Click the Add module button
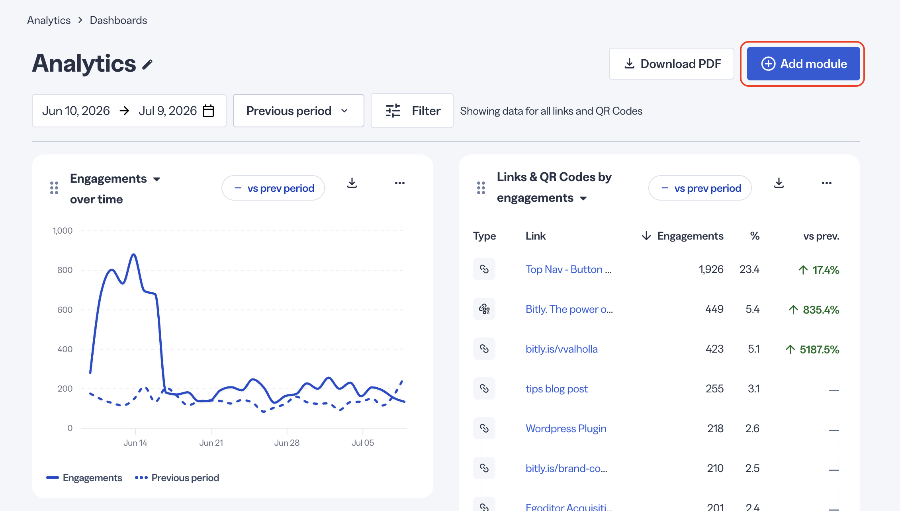pyautogui.click(x=803, y=64)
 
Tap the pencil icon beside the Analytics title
pyautogui.click(x=147, y=64)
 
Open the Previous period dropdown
pyautogui.click(x=298, y=111)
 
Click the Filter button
pyautogui.click(x=412, y=111)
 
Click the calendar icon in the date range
pyautogui.click(x=208, y=111)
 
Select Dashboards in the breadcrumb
pyautogui.click(x=118, y=20)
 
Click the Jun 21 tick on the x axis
pyautogui.click(x=211, y=443)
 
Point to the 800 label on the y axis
pyautogui.click(x=65, y=270)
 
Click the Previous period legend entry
pyautogui.click(x=177, y=478)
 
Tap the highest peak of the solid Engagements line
pyautogui.click(x=134, y=254)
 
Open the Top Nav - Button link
pyautogui.click(x=568, y=269)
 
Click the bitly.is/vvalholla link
pyautogui.click(x=562, y=349)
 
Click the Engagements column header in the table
pyautogui.click(x=690, y=236)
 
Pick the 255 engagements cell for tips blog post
pyautogui.click(x=714, y=389)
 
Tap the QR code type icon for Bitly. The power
pyautogui.click(x=484, y=309)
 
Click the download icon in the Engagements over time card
pyautogui.click(x=352, y=183)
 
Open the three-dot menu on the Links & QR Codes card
pyautogui.click(x=827, y=183)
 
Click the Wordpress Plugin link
pyautogui.click(x=566, y=429)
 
